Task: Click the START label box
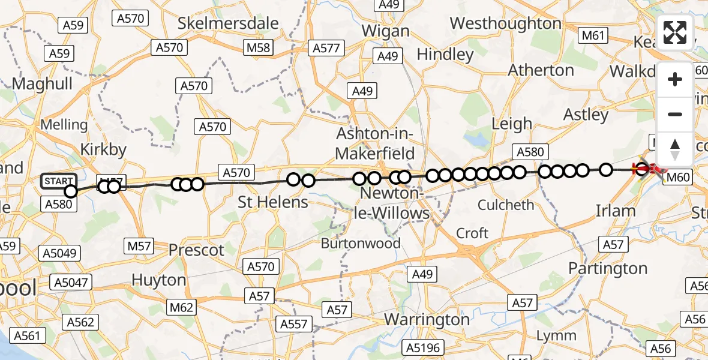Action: [59, 181]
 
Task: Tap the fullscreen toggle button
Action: [675, 32]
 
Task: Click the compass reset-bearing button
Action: [675, 149]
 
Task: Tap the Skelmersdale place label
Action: [229, 23]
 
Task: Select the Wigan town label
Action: [387, 31]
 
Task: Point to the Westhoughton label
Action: [505, 23]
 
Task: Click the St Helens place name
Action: [273, 202]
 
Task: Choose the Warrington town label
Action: [427, 319]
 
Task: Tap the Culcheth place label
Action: [506, 205]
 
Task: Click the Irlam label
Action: [615, 211]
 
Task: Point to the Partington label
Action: [608, 268]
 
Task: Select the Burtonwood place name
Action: [361, 244]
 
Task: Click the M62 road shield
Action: [182, 308]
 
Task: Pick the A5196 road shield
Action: [422, 347]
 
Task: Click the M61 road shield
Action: [592, 36]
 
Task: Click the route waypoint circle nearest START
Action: [71, 191]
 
